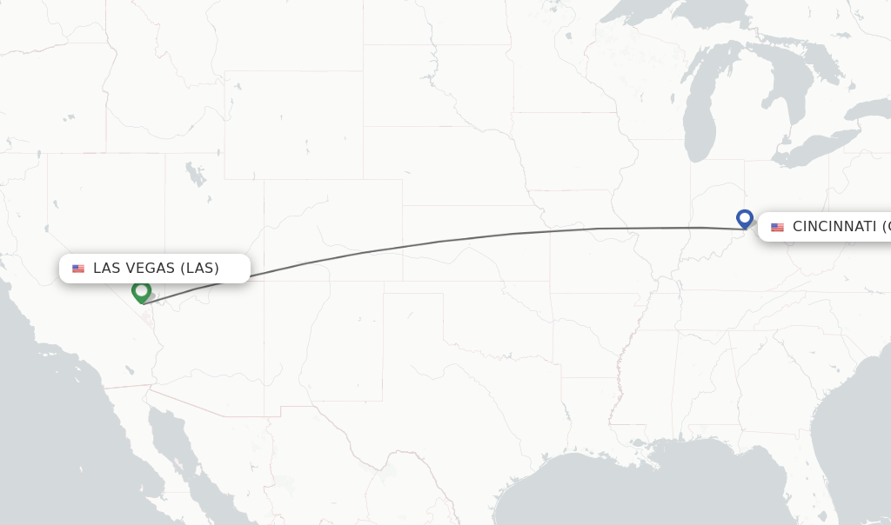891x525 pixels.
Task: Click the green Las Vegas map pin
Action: coord(141,291)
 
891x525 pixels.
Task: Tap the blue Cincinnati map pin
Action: coord(744,217)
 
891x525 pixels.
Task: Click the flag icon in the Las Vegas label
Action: coord(78,269)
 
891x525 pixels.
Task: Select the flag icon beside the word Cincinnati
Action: coord(777,228)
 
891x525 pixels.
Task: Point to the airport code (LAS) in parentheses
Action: coord(199,268)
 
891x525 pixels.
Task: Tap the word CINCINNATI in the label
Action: coord(834,227)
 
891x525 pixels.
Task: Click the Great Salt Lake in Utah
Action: coord(196,174)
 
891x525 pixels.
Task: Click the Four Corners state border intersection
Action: coord(264,281)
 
